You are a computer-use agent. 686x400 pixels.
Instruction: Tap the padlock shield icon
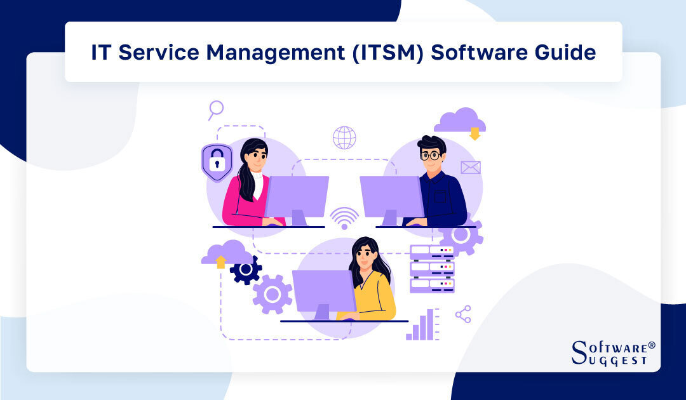pos(217,163)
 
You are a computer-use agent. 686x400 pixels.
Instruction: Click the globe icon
pos(344,137)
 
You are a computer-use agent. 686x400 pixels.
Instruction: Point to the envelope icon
pos(471,168)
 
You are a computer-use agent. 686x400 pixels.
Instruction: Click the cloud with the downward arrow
pos(461,122)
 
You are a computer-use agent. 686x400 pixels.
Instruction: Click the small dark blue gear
pos(246,269)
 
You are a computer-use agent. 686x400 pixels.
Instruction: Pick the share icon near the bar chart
pos(463,314)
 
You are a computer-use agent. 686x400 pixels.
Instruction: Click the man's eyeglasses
pos(430,155)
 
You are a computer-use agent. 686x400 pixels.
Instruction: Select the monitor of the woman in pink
pos(297,197)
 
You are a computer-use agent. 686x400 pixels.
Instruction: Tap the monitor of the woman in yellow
pos(324,291)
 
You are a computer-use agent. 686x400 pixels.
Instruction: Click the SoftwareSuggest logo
pos(612,353)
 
